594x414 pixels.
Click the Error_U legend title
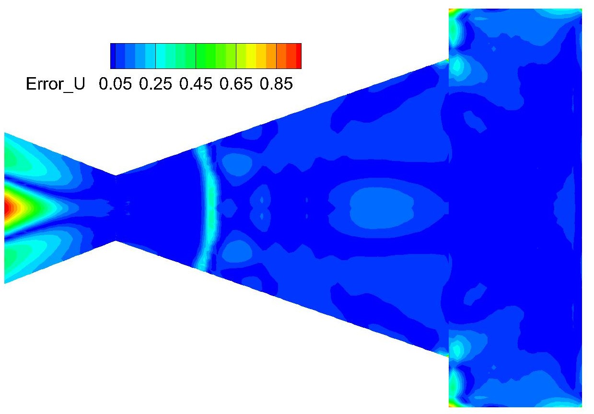point(56,84)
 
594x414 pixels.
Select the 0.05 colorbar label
point(115,84)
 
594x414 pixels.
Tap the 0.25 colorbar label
point(155,84)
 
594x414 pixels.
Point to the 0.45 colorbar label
point(196,84)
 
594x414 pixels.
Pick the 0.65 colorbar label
point(236,84)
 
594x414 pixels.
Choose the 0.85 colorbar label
point(276,84)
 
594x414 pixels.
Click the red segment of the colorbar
point(299,56)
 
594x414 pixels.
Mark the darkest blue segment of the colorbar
point(113,56)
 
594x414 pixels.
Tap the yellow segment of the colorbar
point(251,56)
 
